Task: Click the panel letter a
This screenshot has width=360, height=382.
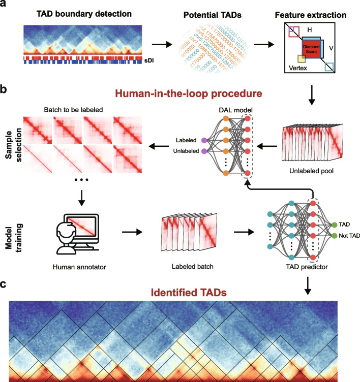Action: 4,6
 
